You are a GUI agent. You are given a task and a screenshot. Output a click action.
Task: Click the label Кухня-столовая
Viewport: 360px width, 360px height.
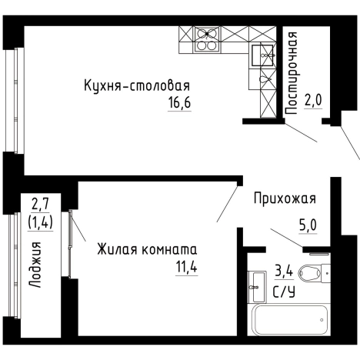137,85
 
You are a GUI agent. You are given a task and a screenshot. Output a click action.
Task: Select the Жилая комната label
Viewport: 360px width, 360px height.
146,250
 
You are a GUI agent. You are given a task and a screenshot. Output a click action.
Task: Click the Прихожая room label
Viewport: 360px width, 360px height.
285,198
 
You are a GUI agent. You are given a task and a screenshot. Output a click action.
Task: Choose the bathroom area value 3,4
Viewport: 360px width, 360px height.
283,271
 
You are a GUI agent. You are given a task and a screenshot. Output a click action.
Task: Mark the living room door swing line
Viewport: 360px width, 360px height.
228,202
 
